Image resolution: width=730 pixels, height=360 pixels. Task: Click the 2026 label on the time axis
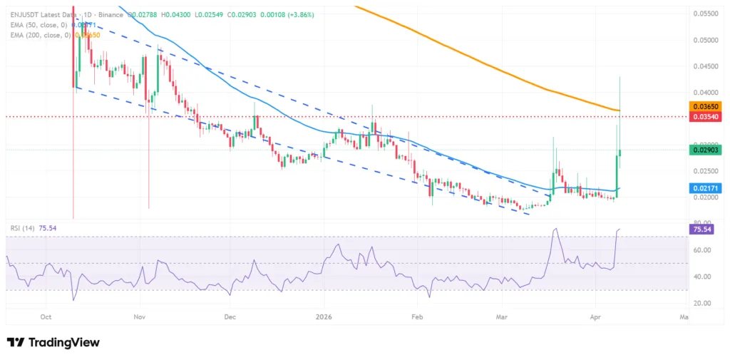point(324,315)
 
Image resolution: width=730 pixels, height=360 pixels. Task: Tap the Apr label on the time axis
point(595,315)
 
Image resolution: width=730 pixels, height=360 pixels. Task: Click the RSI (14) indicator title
point(23,228)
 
